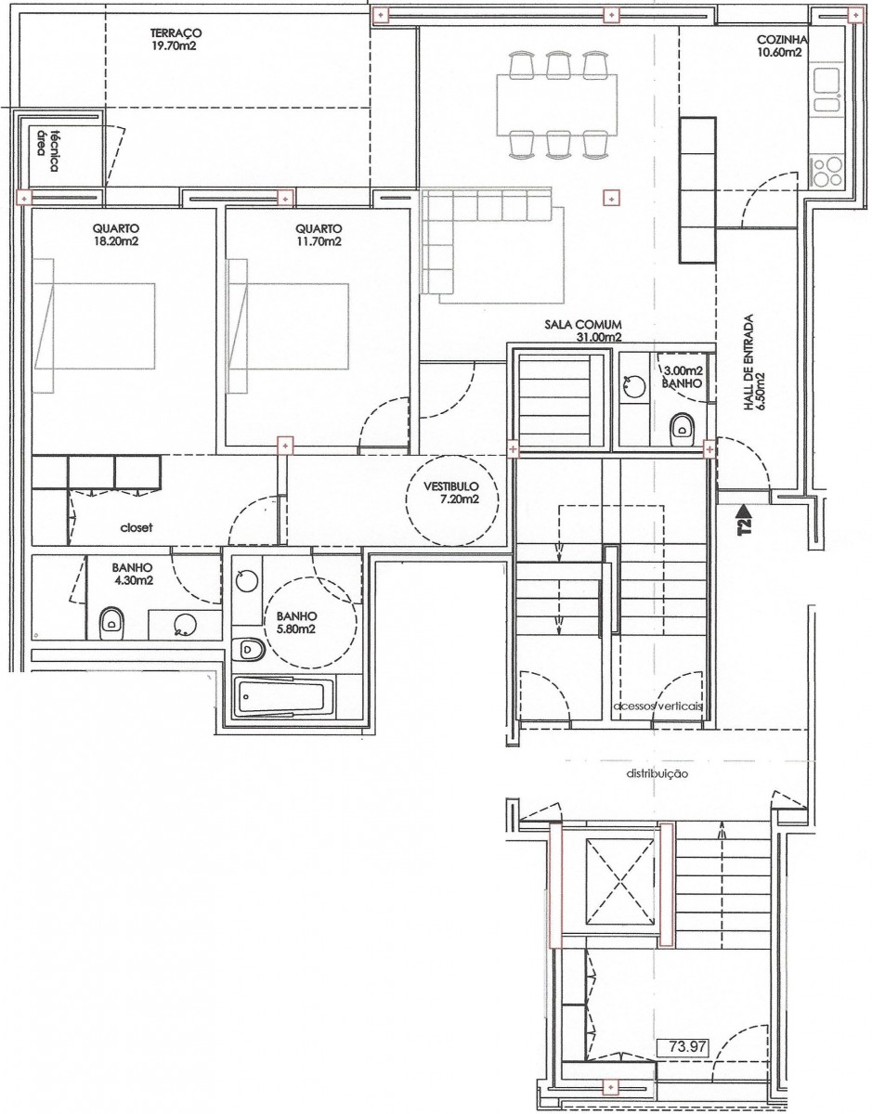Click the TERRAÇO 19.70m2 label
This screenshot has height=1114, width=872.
[x=176, y=39]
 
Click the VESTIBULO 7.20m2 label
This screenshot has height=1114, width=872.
[x=451, y=492]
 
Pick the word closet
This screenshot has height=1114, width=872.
[x=137, y=527]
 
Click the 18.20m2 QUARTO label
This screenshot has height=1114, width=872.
[x=116, y=234]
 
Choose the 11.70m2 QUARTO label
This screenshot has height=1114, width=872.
[x=319, y=234]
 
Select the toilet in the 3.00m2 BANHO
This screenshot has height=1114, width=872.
[x=682, y=426]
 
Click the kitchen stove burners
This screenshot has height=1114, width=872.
[x=826, y=173]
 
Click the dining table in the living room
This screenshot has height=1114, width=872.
[x=557, y=105]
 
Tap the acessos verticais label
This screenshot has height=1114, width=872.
[x=657, y=706]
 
